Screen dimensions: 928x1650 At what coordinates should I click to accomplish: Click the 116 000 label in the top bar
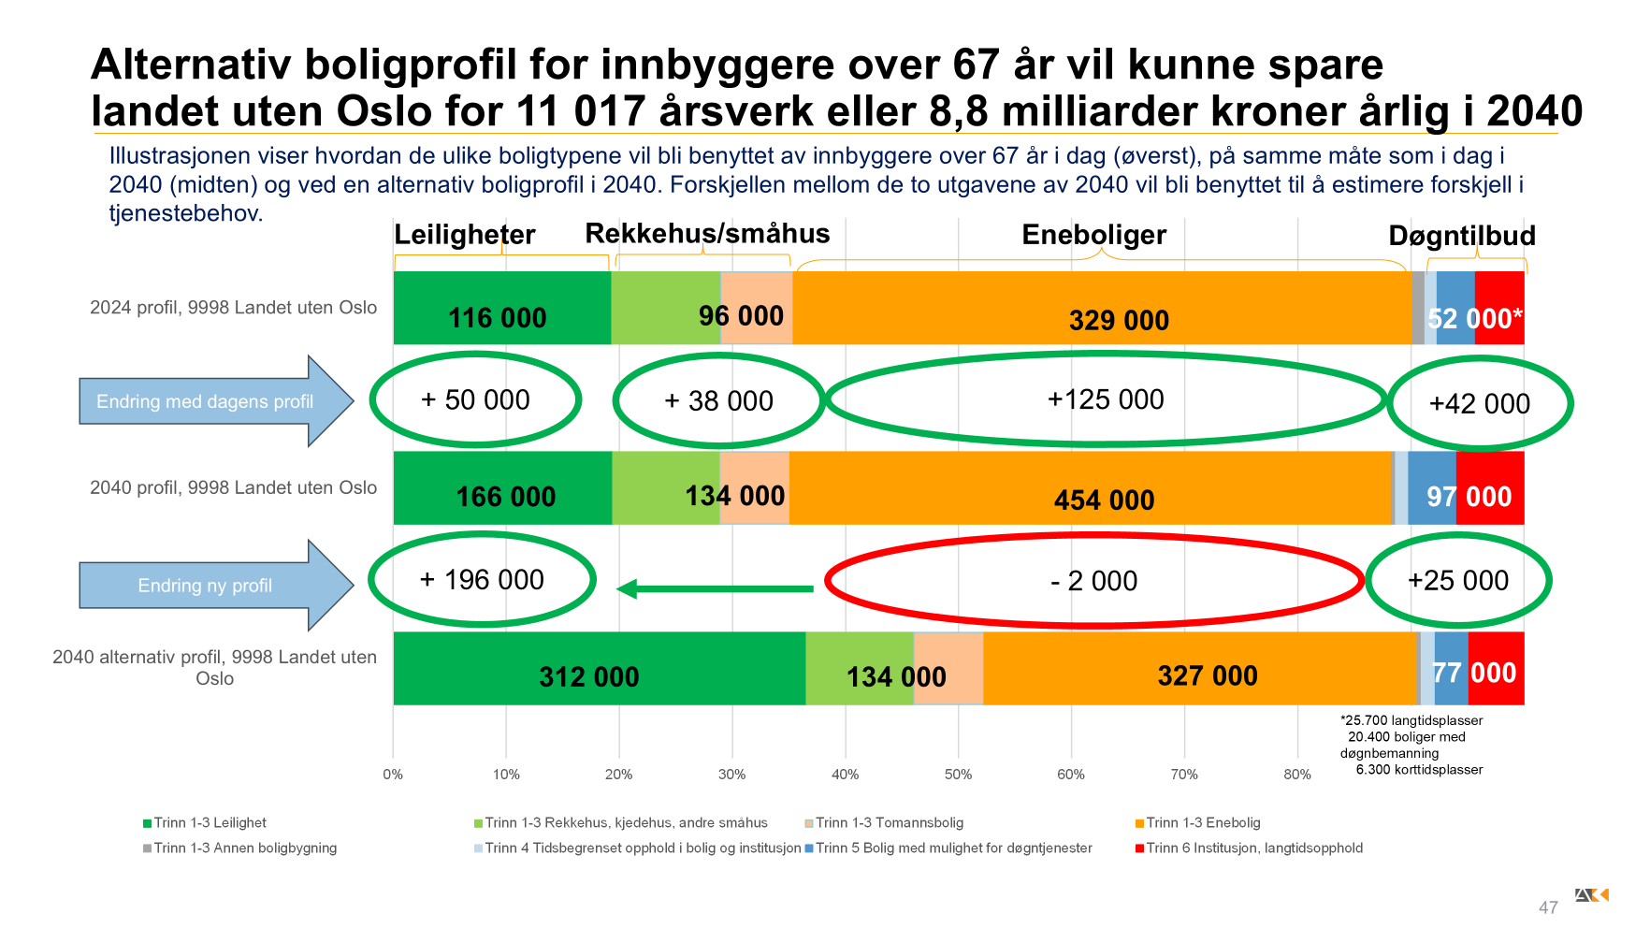(x=497, y=318)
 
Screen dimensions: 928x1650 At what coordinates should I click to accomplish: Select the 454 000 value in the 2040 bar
(x=1104, y=500)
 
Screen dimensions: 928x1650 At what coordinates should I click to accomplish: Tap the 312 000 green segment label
(x=588, y=676)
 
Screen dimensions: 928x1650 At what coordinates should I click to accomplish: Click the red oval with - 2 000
(x=1093, y=581)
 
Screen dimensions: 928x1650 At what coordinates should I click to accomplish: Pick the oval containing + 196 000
(x=482, y=580)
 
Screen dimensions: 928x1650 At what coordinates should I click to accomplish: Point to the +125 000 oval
(x=1106, y=399)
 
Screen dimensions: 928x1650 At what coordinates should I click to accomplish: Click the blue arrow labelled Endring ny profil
(x=214, y=586)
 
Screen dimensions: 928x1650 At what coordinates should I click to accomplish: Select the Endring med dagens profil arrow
(x=214, y=401)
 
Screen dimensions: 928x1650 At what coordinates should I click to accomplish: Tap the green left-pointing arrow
(x=716, y=588)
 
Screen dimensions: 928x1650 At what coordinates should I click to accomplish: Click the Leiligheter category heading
(x=464, y=234)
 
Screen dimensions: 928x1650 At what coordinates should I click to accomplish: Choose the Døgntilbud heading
(x=1461, y=236)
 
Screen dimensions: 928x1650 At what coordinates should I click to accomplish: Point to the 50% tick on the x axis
(x=958, y=775)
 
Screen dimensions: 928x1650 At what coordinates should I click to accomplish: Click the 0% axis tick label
(x=393, y=775)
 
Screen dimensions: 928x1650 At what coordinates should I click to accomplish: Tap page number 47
(x=1548, y=907)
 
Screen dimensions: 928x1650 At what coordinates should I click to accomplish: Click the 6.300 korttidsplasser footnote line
(x=1418, y=770)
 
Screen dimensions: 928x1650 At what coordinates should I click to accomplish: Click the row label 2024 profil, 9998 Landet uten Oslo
(x=233, y=308)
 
